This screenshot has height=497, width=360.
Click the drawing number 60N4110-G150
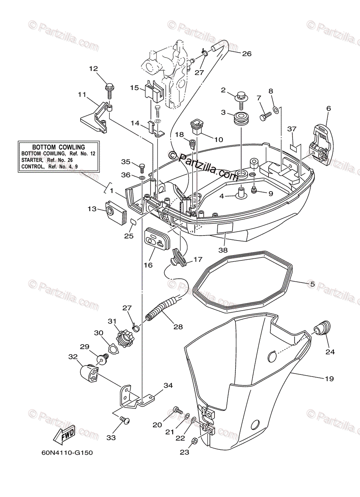click(67, 453)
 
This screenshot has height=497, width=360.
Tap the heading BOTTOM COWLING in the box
click(58, 147)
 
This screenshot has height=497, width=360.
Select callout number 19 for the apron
click(329, 379)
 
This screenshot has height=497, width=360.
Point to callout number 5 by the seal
click(312, 284)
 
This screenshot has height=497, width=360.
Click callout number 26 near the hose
click(246, 53)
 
